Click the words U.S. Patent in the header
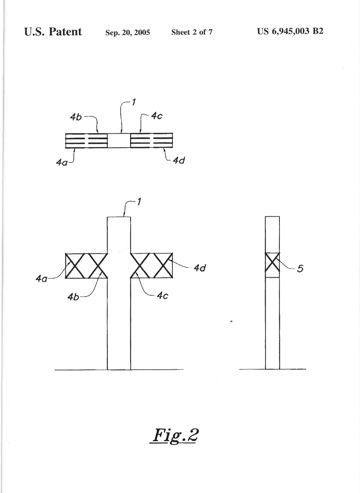click(x=53, y=32)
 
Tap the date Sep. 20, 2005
click(x=128, y=32)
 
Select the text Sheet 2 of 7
click(x=192, y=32)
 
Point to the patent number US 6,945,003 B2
click(x=290, y=31)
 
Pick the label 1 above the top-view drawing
click(x=134, y=102)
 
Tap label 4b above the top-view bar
click(x=76, y=117)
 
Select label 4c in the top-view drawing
click(x=156, y=116)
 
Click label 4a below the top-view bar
click(x=62, y=162)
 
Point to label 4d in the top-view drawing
click(x=179, y=160)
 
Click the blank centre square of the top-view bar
click(x=119, y=140)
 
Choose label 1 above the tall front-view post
click(x=139, y=202)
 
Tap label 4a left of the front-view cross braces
click(x=41, y=278)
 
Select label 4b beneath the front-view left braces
click(x=73, y=297)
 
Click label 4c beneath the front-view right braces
click(x=163, y=296)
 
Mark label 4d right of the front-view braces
click(x=200, y=268)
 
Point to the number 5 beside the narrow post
click(x=300, y=268)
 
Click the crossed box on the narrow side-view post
click(x=272, y=265)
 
